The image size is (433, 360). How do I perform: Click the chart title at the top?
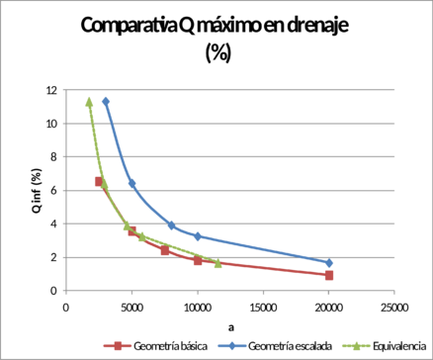(x=216, y=30)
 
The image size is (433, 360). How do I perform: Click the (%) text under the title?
(x=216, y=54)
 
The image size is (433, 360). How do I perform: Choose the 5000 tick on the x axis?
(x=130, y=308)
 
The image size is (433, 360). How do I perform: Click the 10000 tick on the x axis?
(x=196, y=308)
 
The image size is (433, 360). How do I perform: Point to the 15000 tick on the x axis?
(x=262, y=308)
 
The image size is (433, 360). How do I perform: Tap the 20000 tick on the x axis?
(x=328, y=308)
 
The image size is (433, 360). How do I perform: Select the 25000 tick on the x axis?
(x=394, y=308)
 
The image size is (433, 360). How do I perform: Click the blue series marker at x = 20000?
(x=329, y=263)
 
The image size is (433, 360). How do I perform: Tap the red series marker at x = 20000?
(x=329, y=275)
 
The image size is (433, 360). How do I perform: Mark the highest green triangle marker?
(x=89, y=100)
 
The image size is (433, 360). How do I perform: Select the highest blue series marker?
(x=106, y=101)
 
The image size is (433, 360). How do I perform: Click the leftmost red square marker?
(x=98, y=182)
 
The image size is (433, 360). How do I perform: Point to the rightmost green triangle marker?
(x=216, y=263)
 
